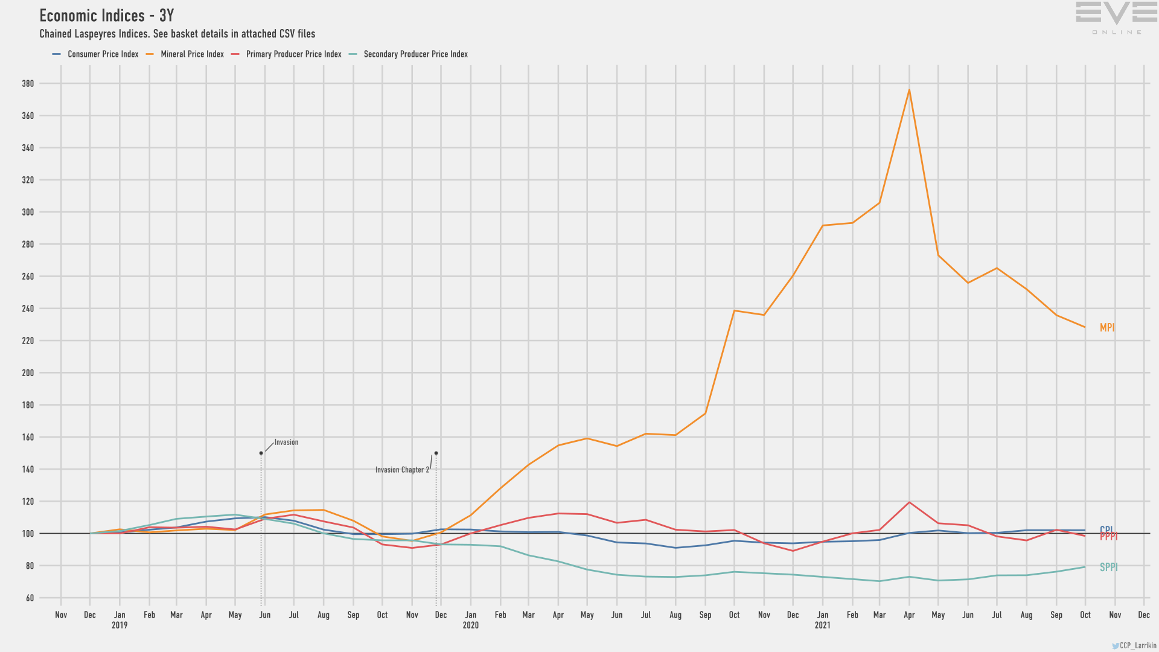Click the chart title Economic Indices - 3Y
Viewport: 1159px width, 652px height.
coord(106,16)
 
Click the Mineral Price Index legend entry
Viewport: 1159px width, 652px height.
coord(191,54)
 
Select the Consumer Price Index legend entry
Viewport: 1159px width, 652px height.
coord(103,54)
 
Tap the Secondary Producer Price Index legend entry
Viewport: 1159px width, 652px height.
coord(415,54)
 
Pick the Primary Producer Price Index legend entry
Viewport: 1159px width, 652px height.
coord(293,54)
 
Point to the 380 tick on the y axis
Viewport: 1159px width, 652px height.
coord(28,84)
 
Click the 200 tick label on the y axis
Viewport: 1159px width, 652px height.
coord(28,373)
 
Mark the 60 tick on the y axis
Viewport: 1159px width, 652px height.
coord(30,598)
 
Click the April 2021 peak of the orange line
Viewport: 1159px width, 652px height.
coord(909,90)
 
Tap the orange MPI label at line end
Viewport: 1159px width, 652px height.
coord(1107,328)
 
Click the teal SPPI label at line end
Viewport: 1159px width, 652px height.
coord(1108,567)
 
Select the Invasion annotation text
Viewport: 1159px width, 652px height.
coord(286,443)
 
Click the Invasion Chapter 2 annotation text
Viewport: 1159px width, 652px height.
coord(402,470)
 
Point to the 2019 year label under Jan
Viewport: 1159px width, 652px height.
coord(120,625)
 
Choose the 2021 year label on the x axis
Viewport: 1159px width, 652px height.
coord(822,625)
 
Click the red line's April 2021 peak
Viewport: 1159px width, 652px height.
coord(909,502)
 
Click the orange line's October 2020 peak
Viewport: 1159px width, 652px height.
coord(734,311)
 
